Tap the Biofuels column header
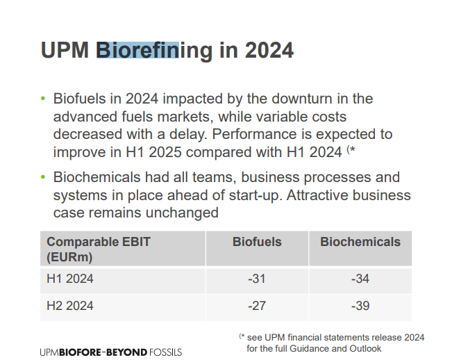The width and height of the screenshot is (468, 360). [257, 242]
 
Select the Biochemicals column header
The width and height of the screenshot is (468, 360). [360, 242]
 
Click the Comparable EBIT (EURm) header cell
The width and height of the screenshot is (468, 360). [99, 249]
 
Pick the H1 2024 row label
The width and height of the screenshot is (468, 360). [70, 279]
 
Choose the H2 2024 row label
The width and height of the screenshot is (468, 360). [70, 306]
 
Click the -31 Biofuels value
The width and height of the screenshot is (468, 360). [257, 279]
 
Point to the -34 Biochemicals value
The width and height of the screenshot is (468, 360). [360, 279]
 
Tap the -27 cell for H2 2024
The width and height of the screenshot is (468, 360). [257, 306]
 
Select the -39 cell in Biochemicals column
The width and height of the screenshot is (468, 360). [360, 306]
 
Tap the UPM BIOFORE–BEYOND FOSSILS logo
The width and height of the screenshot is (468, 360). [111, 352]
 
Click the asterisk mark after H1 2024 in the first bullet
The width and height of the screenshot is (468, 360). [353, 149]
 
